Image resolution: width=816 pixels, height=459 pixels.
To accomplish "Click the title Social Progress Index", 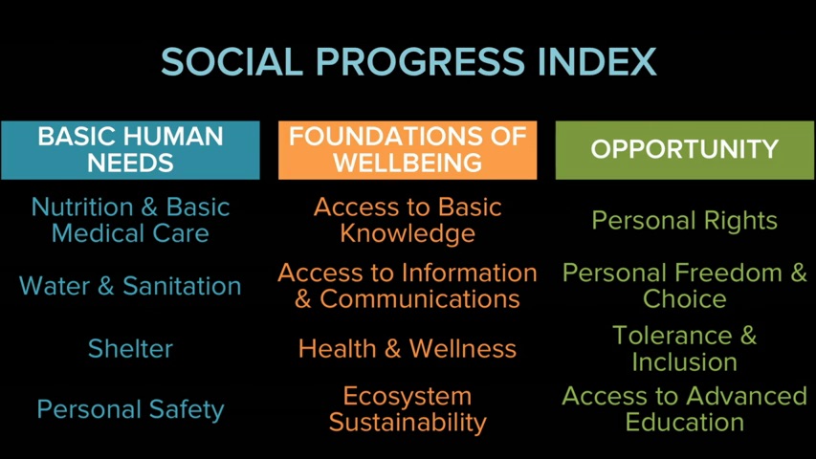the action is (x=408, y=62).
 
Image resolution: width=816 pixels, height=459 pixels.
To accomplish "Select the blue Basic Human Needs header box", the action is (x=130, y=150).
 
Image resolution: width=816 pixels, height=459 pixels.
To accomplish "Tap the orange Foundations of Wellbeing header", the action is (x=408, y=150).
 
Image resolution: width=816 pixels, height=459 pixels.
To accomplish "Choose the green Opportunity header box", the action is (x=685, y=150).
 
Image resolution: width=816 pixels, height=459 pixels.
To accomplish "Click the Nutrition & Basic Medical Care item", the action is (x=130, y=220).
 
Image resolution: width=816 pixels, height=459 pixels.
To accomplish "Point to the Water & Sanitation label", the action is (x=130, y=286).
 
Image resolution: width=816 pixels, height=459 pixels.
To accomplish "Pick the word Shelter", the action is (x=130, y=348).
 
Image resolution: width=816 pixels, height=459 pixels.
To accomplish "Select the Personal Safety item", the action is (x=130, y=409).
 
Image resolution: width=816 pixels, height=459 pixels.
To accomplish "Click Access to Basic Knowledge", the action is (x=408, y=220).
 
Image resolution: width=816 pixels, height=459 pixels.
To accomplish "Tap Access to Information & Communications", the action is (x=408, y=286).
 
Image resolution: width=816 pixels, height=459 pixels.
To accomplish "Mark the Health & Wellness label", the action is (x=408, y=348).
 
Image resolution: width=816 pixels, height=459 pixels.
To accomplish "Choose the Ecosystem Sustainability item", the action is (x=408, y=409).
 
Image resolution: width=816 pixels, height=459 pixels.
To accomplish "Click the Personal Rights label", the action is (x=685, y=220).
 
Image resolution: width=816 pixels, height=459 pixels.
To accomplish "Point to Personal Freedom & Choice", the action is (x=685, y=286).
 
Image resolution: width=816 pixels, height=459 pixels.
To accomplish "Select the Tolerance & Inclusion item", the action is (x=685, y=348).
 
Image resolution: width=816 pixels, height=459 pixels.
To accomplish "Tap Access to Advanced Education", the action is (x=685, y=409).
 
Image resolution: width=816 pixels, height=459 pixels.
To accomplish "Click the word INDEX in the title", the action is (x=597, y=62).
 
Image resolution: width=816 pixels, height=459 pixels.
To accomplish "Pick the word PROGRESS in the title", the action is (x=420, y=62).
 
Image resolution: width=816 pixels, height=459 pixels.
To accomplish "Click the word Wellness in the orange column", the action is (x=463, y=348).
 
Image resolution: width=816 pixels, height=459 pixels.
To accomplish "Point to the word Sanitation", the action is (x=182, y=286).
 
